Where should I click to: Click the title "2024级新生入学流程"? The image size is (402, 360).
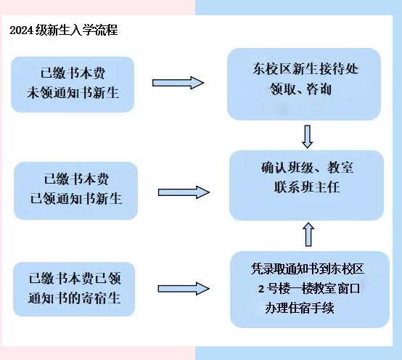[x=64, y=30]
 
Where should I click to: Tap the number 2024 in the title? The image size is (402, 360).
[x=22, y=30]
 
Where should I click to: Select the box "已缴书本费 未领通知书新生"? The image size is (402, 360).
[x=73, y=84]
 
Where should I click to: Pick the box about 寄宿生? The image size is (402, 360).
[x=74, y=289]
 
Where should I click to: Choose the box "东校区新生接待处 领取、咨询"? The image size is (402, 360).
[x=304, y=83]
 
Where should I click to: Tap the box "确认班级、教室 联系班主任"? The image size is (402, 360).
[x=306, y=185]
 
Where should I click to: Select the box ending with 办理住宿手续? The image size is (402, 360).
[x=305, y=289]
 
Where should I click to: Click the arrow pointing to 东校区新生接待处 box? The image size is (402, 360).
[x=179, y=83]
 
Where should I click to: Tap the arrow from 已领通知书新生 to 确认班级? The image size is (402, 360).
[x=183, y=192]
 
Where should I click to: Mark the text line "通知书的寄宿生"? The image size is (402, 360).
[x=74, y=298]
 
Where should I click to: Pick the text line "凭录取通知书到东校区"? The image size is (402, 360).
[x=305, y=270]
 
